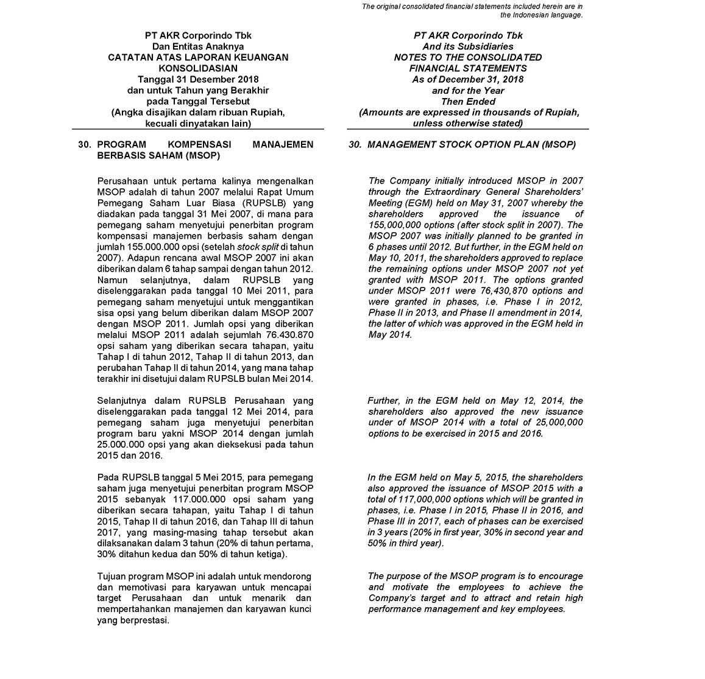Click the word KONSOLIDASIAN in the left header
click(198, 68)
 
